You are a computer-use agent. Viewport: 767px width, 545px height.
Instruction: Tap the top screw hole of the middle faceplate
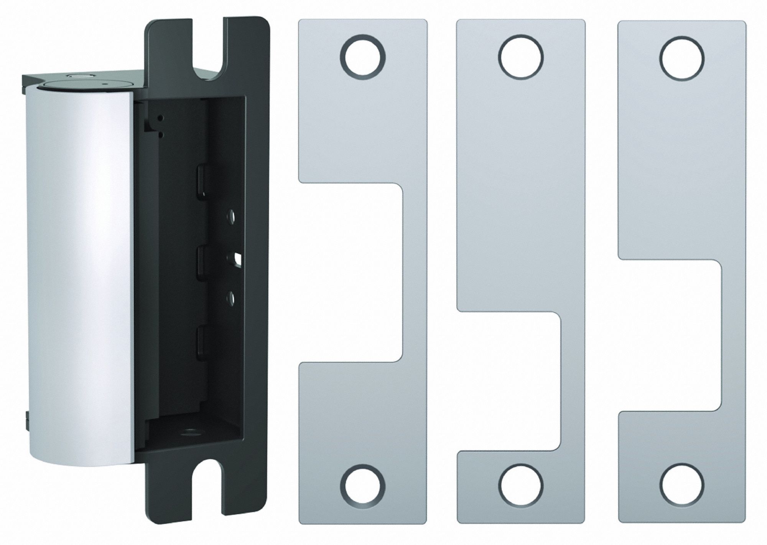coord(521,57)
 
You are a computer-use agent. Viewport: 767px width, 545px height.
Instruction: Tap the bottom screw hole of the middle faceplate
coord(521,486)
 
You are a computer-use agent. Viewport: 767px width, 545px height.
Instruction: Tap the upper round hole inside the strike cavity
coord(231,216)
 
